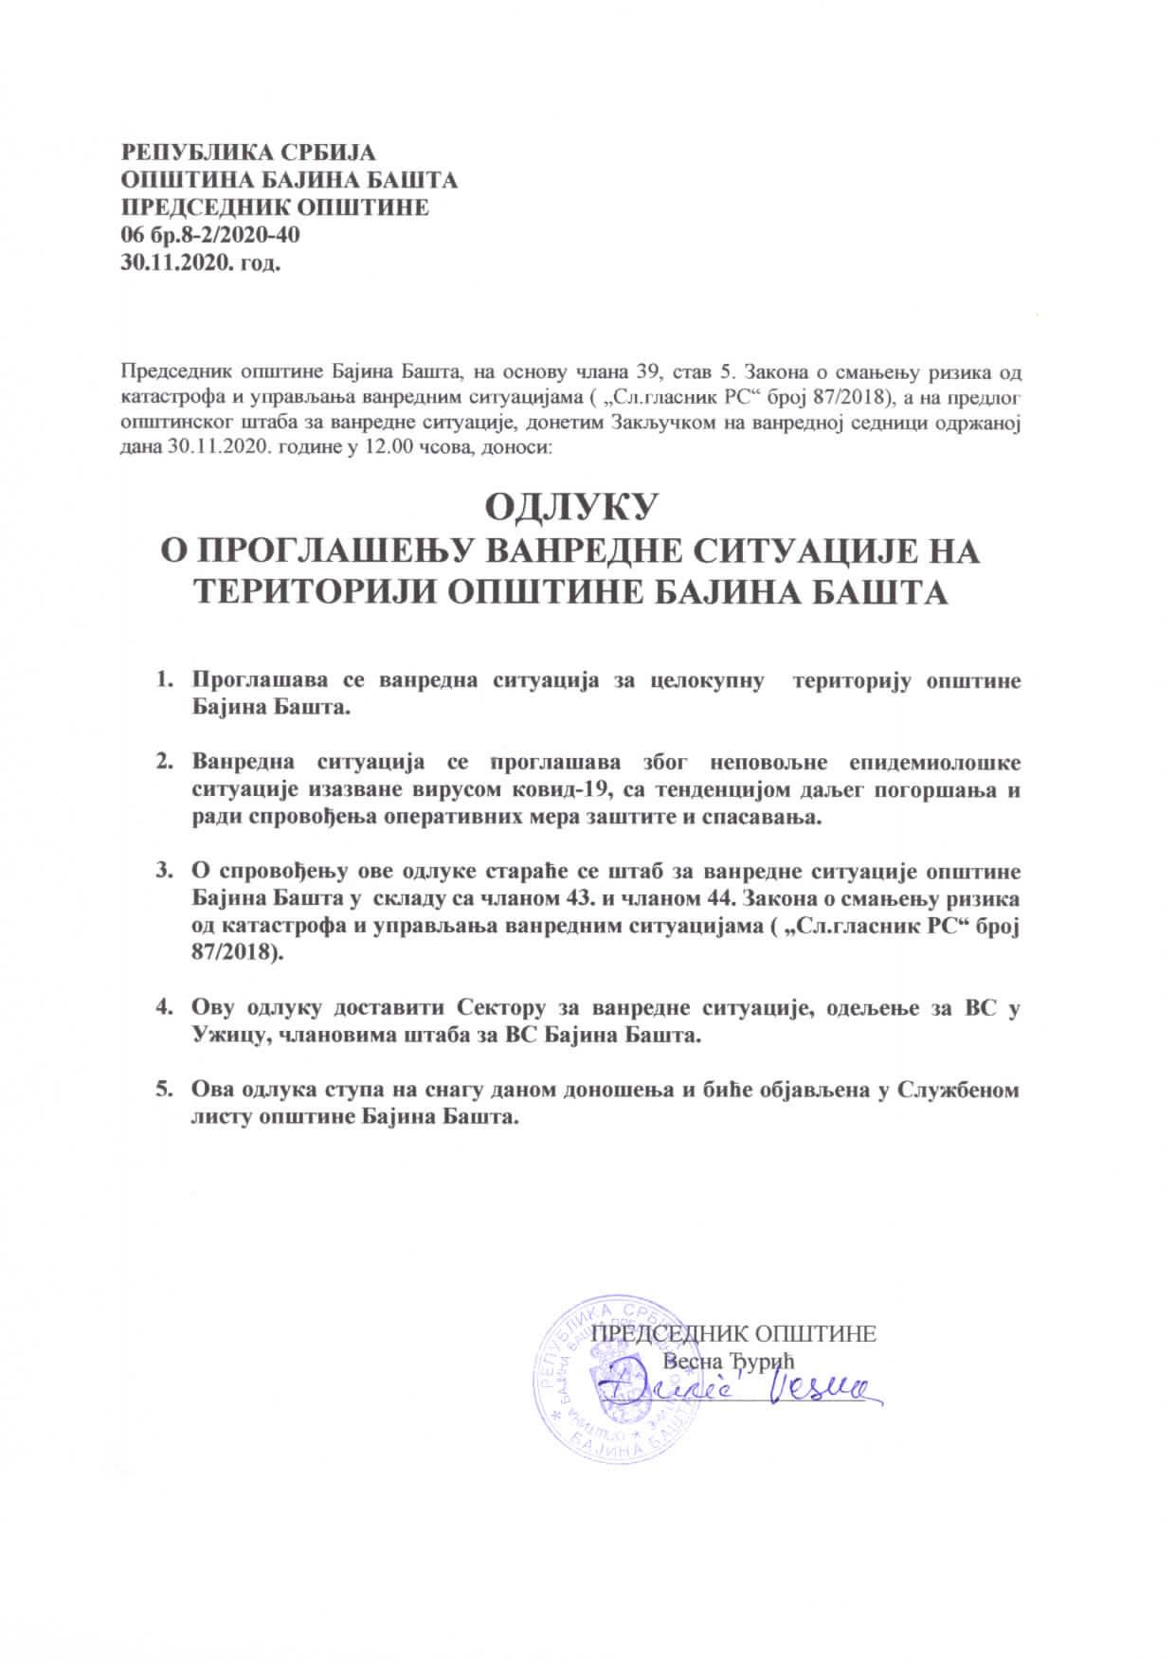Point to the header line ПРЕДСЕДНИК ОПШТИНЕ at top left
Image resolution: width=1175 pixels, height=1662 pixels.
click(x=275, y=207)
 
